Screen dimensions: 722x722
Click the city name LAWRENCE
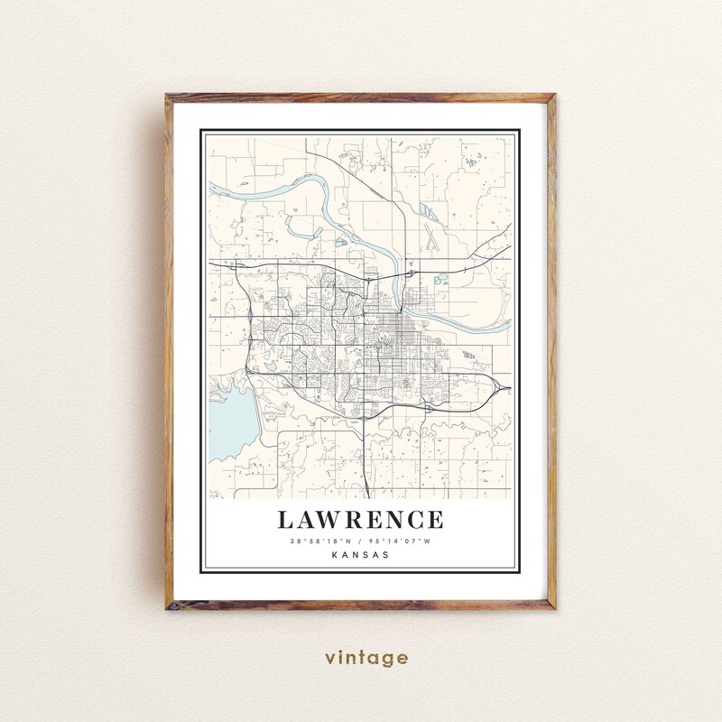click(360, 521)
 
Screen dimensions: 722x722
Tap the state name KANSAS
click(360, 555)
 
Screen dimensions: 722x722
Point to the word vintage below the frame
click(361, 658)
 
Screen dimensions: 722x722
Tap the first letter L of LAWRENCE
click(285, 521)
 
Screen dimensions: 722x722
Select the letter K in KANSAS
click(335, 555)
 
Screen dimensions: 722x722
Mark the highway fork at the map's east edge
click(502, 388)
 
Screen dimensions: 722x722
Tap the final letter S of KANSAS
click(386, 555)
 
